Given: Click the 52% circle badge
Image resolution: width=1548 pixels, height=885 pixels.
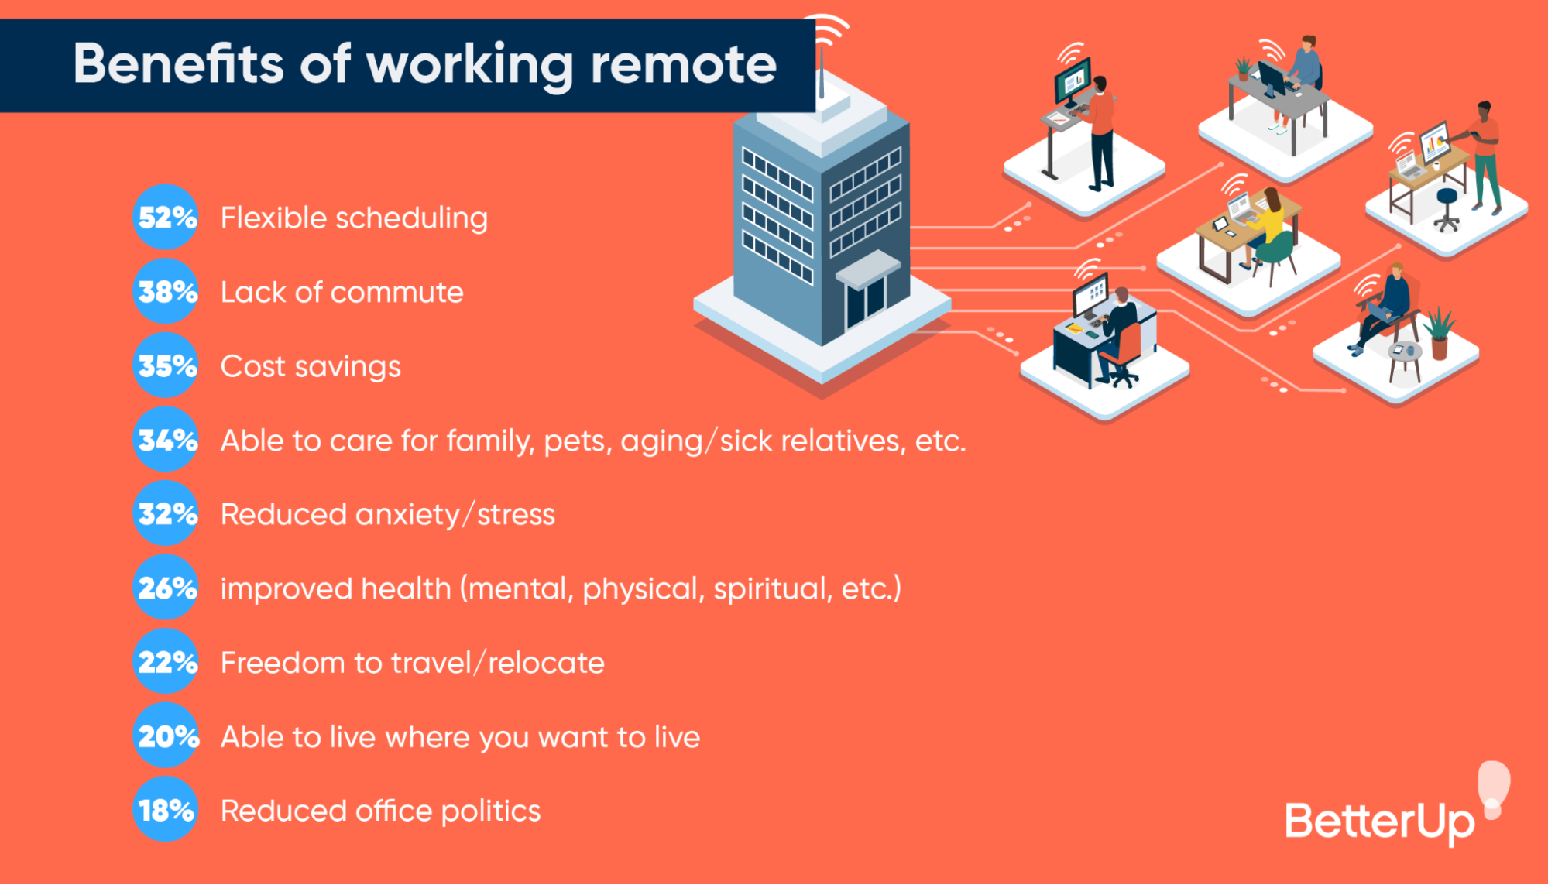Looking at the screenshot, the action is tap(166, 218).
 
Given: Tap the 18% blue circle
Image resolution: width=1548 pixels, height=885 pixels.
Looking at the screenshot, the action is tap(166, 810).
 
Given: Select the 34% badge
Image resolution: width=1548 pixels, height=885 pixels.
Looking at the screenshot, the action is tap(166, 440).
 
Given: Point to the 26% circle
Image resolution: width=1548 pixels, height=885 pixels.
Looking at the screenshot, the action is tap(166, 588).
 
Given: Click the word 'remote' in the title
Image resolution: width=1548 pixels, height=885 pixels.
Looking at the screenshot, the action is tap(683, 64).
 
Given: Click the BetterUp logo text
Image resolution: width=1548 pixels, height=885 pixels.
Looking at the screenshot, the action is tap(1380, 822).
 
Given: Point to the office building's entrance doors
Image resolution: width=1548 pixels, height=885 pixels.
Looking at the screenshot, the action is tap(865, 302).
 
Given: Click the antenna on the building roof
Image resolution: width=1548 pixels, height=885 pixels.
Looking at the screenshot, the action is tap(821, 74).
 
